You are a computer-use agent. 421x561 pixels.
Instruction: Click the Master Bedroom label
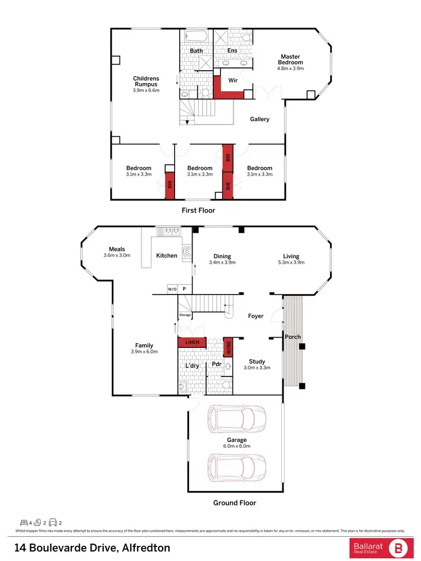tap(290, 59)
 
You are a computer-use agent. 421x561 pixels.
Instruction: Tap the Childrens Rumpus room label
tap(146, 81)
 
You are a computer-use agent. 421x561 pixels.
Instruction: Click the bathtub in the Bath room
tap(196, 36)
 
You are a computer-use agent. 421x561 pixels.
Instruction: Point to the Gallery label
tap(260, 119)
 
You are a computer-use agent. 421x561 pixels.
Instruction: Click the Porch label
tap(292, 337)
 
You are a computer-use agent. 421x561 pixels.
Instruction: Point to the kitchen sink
tap(168, 231)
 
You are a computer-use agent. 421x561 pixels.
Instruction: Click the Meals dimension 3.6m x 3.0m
tap(117, 256)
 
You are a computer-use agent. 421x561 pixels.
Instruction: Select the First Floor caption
tap(198, 210)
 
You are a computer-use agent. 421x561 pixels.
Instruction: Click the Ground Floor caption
tap(235, 503)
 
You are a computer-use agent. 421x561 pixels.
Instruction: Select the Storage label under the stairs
tap(185, 315)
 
